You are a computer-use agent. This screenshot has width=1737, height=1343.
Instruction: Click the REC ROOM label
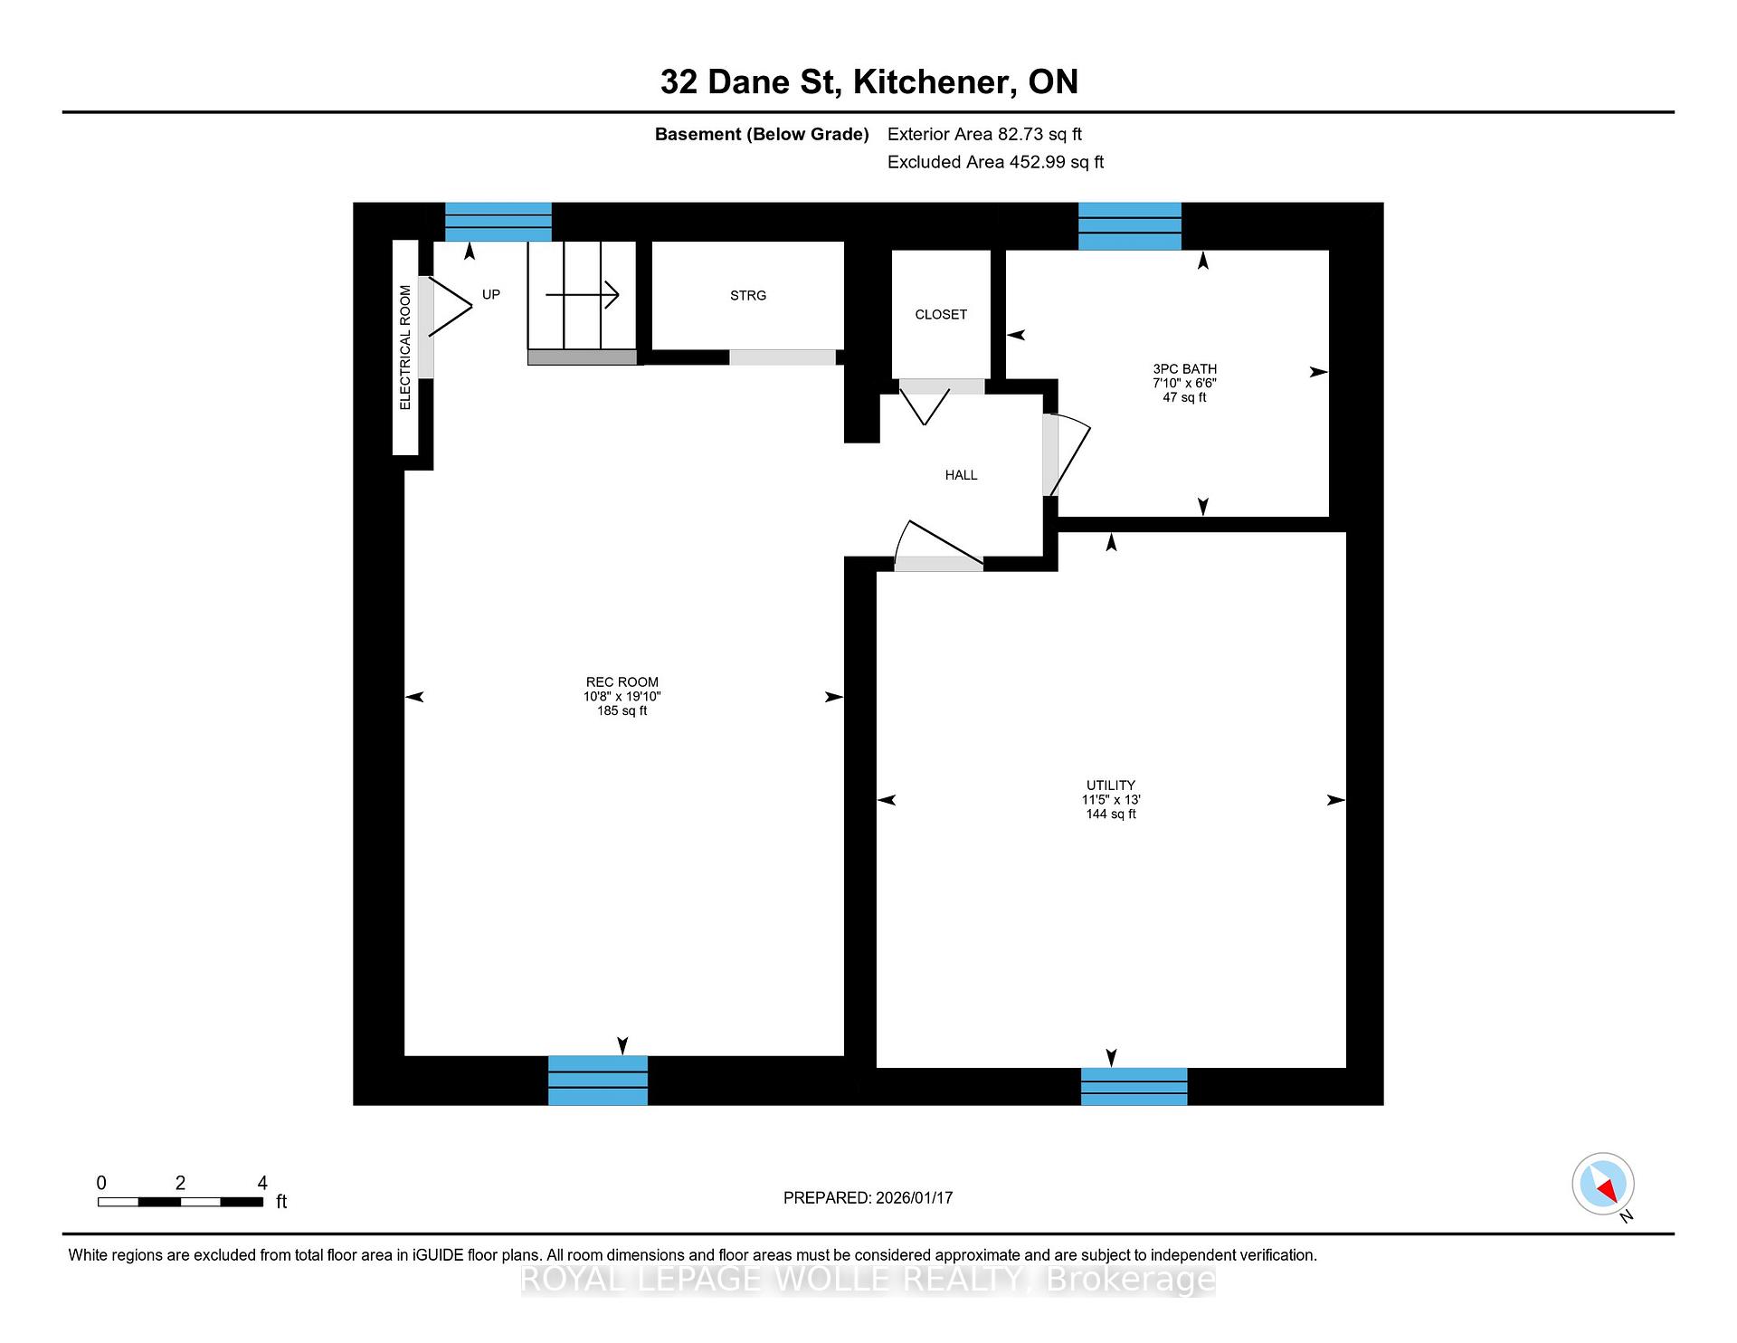click(622, 682)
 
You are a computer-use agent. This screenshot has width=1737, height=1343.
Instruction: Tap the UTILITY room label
click(1111, 786)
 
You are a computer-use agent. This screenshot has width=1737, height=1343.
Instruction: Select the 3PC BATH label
click(1184, 369)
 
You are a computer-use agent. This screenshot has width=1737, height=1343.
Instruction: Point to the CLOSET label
click(941, 315)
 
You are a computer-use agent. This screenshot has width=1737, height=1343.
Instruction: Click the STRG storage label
click(748, 296)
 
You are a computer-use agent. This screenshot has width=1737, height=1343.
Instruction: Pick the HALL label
click(961, 475)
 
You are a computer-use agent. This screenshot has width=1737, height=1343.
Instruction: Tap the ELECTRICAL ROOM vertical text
click(405, 348)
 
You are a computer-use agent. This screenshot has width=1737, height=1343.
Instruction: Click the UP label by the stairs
click(491, 294)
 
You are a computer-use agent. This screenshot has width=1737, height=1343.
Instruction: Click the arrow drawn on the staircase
click(582, 294)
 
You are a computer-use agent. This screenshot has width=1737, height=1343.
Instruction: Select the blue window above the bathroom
click(1130, 226)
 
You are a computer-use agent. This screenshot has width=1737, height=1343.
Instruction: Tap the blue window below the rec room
click(598, 1081)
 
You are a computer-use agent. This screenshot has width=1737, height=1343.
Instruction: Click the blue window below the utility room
click(1134, 1087)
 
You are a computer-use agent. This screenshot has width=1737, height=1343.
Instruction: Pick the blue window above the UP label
click(498, 222)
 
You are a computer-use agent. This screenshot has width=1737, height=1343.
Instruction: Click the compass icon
click(1603, 1184)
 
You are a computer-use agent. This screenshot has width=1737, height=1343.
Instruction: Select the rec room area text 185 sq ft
click(622, 711)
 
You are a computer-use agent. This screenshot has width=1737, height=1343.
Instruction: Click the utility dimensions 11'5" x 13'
click(1111, 800)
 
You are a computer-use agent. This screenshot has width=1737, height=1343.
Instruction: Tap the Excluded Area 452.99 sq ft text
click(995, 162)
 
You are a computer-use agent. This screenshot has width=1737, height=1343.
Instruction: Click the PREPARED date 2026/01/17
click(914, 1198)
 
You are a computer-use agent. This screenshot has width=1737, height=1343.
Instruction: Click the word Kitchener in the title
click(932, 82)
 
